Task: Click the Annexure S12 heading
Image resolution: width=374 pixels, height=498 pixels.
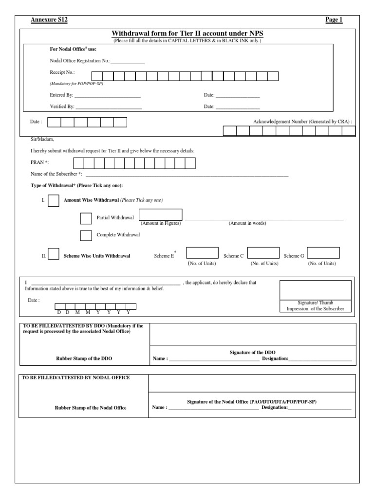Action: (x=49, y=19)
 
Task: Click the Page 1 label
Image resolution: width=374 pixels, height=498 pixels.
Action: (x=334, y=19)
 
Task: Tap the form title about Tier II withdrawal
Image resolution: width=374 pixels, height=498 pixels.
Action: (x=187, y=33)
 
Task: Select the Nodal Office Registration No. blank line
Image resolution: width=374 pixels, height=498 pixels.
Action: (x=128, y=62)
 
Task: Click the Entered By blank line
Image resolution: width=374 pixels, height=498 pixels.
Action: (x=108, y=96)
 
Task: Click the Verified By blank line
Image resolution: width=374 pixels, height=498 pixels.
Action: (x=109, y=107)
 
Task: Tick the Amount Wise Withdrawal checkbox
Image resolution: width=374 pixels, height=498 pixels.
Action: (x=54, y=200)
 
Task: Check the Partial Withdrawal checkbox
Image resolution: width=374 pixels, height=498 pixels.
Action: (x=86, y=218)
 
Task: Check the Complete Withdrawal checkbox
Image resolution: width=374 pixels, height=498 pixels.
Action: (x=86, y=235)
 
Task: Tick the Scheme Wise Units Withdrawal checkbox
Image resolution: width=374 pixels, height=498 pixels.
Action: (x=54, y=254)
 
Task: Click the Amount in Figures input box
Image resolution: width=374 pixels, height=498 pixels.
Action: (x=161, y=215)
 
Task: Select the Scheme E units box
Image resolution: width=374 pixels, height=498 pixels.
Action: (x=202, y=253)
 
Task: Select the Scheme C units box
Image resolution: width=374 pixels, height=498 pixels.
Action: (x=263, y=253)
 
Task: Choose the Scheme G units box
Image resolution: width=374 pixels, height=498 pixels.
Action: (x=323, y=253)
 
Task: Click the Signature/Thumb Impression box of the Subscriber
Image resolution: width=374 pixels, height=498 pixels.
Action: (x=315, y=290)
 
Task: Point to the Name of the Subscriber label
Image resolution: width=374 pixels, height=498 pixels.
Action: (x=56, y=174)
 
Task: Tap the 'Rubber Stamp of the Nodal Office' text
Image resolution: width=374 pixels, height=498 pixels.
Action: (x=91, y=408)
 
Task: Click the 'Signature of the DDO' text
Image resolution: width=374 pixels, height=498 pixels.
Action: (x=252, y=352)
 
